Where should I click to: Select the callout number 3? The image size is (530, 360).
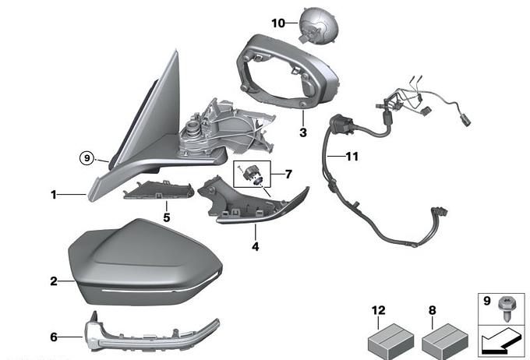tap(303, 132)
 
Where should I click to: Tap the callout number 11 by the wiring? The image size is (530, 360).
tap(352, 157)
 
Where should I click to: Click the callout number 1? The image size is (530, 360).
tap(54, 195)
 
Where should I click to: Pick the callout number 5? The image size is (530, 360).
tap(165, 217)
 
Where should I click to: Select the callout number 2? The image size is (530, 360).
tap(54, 281)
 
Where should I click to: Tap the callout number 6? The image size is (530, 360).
tap(54, 337)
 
